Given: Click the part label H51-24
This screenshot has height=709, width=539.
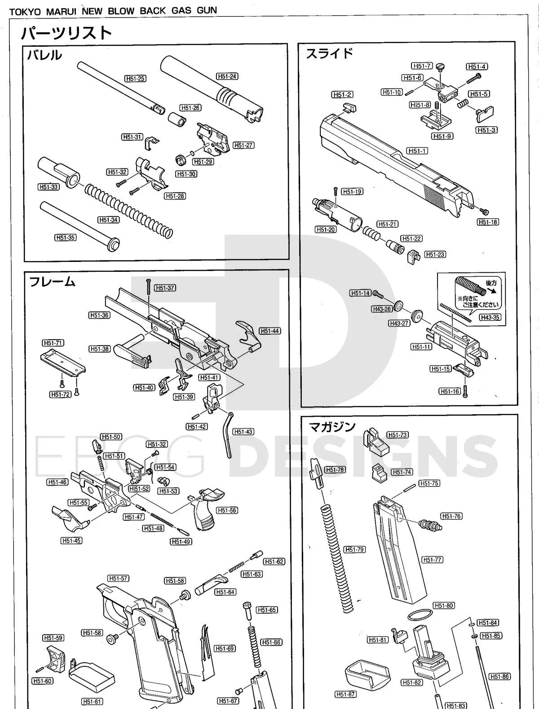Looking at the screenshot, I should point(227,76).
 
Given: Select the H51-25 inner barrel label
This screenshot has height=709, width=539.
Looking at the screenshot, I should point(135,79).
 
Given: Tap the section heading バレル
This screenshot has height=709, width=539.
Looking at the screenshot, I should point(44,55).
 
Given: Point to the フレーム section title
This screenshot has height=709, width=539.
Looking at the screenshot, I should point(52,282).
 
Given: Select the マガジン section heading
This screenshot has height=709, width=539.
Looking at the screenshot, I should point(332,426).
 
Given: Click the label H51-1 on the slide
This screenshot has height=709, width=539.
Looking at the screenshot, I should point(417,151).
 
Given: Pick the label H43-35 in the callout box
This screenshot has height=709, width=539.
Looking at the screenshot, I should point(490,317).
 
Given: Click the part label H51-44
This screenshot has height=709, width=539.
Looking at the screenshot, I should point(270,331).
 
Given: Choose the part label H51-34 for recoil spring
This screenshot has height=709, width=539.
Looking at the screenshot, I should point(108,220).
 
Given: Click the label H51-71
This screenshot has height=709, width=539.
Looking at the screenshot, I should point(53,343).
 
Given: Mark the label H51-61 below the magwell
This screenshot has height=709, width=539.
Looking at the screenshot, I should point(92,701).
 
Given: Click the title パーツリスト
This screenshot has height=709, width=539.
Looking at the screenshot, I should point(66,32).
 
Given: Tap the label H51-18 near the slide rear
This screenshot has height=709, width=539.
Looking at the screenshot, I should point(488,222).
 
